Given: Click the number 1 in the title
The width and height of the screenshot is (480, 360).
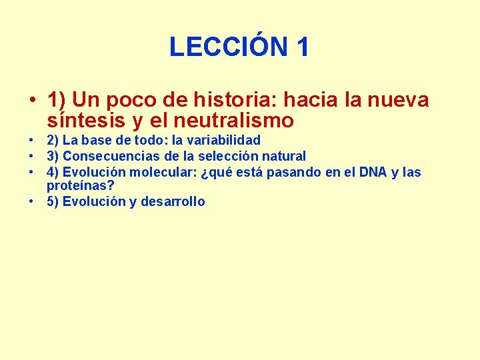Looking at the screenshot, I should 302,47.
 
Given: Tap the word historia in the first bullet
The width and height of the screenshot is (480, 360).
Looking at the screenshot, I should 236,100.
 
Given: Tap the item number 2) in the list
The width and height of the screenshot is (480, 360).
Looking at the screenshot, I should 53,141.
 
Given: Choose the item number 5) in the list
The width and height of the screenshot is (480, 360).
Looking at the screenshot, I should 53,202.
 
